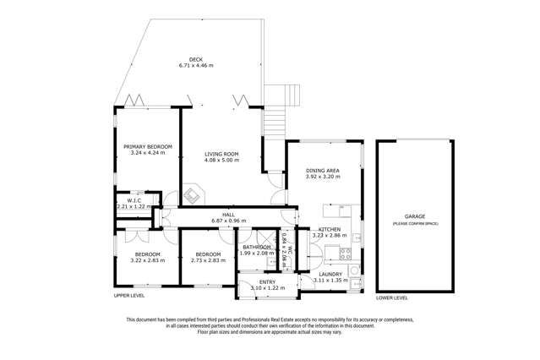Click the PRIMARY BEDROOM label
pos(147,147)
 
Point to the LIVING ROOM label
pos(221,154)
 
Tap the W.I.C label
pos(134,201)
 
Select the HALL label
pos(228,215)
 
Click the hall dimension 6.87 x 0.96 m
pos(228,221)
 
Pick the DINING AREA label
pos(323,172)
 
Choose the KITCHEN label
pos(330,229)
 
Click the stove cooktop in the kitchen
pos(345,251)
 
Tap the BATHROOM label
pos(257,247)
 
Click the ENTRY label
pos(268,281)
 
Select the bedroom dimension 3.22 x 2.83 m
pos(147,260)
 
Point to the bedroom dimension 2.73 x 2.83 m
pos(208,260)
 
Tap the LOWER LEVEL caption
pos(392,297)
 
